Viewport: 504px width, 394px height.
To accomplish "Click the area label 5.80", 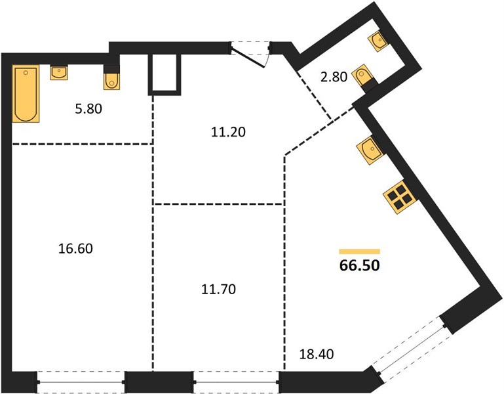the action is coord(88,109).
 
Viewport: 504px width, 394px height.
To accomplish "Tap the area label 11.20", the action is coord(228,132).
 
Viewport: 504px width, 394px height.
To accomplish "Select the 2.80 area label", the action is coord(334,77).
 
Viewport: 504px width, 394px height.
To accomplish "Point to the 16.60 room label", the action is coord(75,249).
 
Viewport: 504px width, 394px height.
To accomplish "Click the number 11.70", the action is coord(218,290).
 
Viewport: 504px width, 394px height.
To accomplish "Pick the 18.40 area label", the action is coord(317,355).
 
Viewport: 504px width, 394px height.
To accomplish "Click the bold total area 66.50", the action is coord(360,265).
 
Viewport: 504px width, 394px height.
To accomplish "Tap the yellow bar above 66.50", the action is coord(360,252).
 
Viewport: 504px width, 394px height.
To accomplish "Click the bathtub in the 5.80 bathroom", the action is coord(26,93).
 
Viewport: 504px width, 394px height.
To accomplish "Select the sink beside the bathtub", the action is coord(59,73).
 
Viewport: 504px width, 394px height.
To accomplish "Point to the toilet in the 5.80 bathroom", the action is coord(111,77).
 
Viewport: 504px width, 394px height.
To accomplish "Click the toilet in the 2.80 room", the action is coord(364,77).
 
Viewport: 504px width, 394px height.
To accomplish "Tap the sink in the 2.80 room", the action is coord(378,41).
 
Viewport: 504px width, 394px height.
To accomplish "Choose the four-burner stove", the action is coord(400,197).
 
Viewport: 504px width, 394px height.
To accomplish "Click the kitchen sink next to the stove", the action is coord(370,150).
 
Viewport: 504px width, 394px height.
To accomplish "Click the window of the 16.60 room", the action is coord(81,382).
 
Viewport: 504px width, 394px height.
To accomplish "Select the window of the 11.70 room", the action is coord(237,382).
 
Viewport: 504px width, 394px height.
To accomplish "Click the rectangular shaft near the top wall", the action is coord(165,75).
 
